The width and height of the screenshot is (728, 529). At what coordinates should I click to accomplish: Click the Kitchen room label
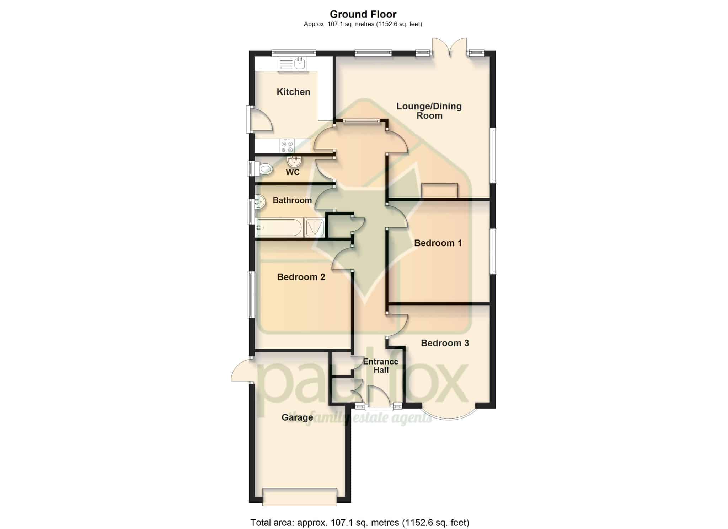point(293,92)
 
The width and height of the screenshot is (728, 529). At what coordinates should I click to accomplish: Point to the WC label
point(293,172)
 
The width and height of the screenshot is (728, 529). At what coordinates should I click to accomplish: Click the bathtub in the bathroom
point(279,227)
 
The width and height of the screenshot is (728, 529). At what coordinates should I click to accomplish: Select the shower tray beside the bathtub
point(315,227)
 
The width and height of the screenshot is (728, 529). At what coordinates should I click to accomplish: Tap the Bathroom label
point(292,200)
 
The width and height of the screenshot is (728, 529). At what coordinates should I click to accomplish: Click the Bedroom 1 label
point(438,243)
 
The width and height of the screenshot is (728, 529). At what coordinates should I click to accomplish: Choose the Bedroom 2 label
point(301,277)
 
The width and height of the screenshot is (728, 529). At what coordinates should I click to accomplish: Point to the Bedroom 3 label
point(445,343)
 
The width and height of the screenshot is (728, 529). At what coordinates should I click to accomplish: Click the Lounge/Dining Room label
point(429,111)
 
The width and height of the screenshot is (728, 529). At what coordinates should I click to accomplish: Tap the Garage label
point(297,417)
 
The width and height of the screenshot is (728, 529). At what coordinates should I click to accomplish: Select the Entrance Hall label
point(381,366)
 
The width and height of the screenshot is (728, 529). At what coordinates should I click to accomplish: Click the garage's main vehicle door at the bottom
point(300,497)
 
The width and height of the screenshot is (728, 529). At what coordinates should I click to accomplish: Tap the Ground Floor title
point(363,14)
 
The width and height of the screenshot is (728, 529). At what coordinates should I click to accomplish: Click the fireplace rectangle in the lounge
point(439,190)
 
